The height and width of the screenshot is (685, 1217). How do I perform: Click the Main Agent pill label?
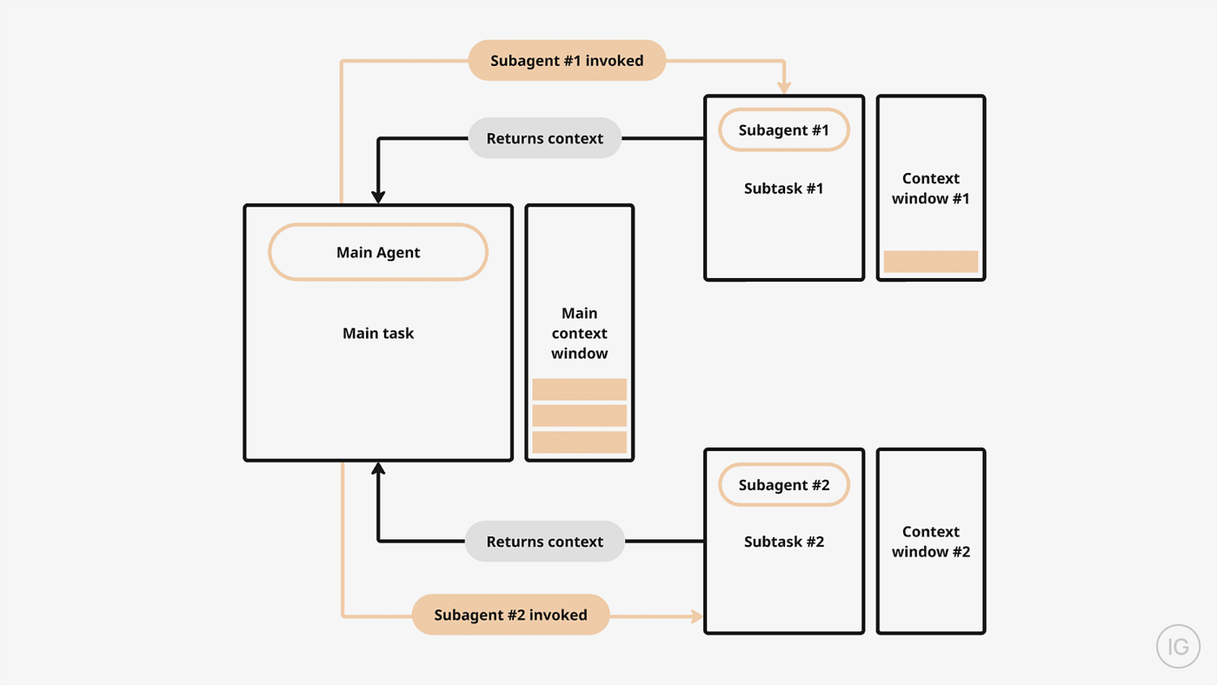tap(378, 253)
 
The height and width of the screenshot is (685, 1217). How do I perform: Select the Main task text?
tap(378, 333)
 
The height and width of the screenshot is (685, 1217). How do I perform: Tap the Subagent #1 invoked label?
tap(567, 61)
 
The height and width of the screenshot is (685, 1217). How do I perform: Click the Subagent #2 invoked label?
tap(510, 615)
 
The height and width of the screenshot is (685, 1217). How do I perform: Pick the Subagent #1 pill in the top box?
tap(783, 130)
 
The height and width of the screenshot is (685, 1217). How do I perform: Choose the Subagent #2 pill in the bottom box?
tap(783, 485)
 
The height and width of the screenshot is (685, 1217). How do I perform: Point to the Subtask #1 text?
tap(783, 188)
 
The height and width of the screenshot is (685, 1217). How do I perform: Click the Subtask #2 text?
tap(783, 542)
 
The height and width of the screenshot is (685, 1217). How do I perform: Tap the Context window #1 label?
tap(930, 189)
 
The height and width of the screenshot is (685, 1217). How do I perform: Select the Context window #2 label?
tap(930, 542)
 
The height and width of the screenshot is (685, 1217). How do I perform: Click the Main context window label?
tap(579, 333)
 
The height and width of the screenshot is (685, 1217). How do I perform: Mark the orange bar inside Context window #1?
tap(930, 262)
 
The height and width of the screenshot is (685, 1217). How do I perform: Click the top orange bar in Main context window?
tap(579, 389)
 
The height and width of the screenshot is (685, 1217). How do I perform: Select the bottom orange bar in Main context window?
tap(579, 442)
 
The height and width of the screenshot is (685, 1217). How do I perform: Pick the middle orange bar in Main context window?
tap(579, 416)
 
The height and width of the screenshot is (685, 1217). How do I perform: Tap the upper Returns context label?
tap(544, 138)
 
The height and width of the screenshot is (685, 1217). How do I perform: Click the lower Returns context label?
tap(544, 542)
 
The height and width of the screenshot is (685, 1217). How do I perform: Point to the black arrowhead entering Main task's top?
tap(378, 196)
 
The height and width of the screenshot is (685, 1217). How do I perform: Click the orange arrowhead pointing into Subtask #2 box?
tap(696, 616)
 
